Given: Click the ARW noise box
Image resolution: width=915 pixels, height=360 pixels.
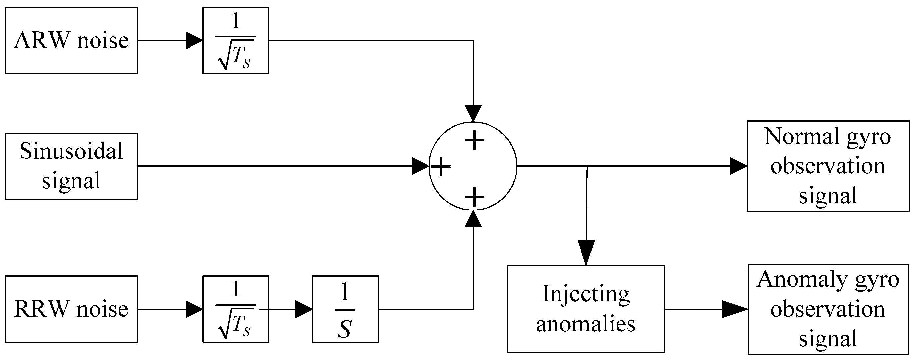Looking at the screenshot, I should coord(71,40).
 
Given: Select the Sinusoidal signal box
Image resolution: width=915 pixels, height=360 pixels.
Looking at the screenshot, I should coord(71,166).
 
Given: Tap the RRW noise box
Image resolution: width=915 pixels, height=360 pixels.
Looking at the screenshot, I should coord(71,309).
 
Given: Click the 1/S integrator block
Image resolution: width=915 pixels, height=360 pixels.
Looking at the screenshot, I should coord(345,309).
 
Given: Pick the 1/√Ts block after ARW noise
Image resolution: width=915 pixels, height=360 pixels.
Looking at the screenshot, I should coord(235,40).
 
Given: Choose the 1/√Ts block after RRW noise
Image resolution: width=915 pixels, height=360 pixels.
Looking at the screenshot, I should coord(235,309).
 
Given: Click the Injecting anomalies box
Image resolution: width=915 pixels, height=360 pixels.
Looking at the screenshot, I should coord(585,309).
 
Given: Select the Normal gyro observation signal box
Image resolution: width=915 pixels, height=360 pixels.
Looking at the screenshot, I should coord(828,166).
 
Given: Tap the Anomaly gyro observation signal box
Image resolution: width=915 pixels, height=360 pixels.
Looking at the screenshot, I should coord(828,309).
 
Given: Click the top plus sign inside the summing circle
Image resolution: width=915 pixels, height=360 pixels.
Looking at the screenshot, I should coord(474,140).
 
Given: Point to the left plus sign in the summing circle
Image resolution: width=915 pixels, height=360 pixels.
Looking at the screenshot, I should coord(441,166).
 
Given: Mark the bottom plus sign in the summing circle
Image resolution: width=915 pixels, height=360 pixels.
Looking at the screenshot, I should coord(474,197).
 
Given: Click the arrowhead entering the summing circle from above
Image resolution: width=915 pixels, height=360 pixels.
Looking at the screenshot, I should coord(473,113).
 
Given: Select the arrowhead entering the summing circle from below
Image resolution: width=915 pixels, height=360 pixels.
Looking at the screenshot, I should coord(473,219).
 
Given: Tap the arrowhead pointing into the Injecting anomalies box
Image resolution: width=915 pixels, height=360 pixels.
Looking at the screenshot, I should coord(586,252).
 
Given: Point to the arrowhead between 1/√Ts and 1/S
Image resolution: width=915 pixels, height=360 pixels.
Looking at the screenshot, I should coord(303,309).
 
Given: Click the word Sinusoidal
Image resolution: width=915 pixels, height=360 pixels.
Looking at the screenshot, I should coord(71,151).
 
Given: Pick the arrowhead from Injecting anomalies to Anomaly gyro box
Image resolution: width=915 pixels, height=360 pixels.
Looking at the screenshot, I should coord(735,309).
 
